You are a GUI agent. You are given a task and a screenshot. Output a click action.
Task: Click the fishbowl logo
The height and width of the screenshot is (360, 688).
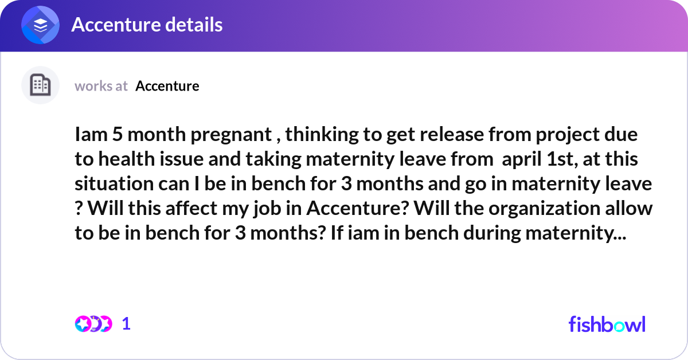[x=607, y=324]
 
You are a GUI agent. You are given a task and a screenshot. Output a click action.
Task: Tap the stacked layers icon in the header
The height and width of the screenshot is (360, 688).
[x=40, y=25]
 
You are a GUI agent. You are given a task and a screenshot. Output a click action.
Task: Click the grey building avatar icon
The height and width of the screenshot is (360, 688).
[x=40, y=85]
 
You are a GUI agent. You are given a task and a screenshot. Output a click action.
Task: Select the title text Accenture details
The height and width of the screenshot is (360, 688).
[x=147, y=25]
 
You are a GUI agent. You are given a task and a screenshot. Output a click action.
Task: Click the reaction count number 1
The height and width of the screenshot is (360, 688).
[x=126, y=324]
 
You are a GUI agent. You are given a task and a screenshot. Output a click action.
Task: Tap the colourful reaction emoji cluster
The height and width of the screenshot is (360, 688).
[x=93, y=324]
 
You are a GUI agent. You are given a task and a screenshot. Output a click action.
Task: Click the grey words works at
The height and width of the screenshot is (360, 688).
[x=101, y=86]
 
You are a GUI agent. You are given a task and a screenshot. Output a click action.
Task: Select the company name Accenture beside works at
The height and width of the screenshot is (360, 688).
[x=167, y=86]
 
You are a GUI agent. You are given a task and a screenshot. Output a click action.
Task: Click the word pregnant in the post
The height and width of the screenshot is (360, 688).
[x=231, y=135]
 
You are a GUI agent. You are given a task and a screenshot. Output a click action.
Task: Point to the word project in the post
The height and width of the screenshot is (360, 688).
[x=568, y=135]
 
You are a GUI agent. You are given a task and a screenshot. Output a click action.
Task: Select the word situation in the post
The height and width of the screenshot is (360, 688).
[x=114, y=183]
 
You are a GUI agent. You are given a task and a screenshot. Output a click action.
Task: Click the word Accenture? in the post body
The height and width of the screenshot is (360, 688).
[x=358, y=208]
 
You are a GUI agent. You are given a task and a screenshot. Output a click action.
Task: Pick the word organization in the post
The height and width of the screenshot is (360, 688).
[x=544, y=209]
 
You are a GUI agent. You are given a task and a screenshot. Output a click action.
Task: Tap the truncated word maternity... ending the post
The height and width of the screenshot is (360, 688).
[x=576, y=233]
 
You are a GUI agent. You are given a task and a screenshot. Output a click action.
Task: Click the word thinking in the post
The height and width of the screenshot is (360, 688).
[x=322, y=135]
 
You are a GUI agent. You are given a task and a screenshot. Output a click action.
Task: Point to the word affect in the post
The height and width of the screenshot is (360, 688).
[x=191, y=208]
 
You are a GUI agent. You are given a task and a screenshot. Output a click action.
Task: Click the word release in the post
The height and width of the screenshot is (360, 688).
[x=452, y=135]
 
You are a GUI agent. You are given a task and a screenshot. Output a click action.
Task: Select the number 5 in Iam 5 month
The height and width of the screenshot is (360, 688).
[x=118, y=135]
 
